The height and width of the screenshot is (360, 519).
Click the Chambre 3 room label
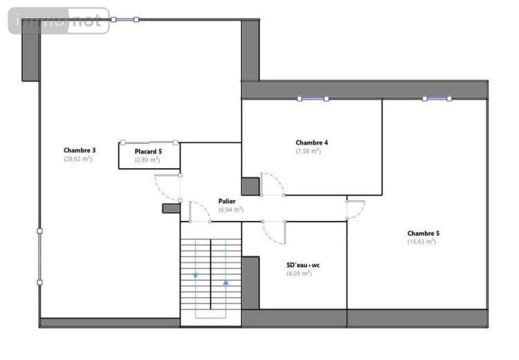click(79, 150)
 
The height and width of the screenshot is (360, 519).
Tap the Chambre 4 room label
click(311, 143)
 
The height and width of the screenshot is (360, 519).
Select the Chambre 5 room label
click(423, 233)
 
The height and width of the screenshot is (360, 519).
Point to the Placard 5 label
click(148, 151)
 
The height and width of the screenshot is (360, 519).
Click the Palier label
click(227, 201)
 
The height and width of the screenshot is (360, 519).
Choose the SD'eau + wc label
click(303, 265)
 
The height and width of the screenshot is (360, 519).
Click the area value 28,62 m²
click(78, 159)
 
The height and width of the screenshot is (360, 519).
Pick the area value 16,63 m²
click(421, 242)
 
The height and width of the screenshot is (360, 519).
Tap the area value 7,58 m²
click(309, 151)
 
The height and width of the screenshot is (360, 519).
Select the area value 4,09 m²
click(299, 273)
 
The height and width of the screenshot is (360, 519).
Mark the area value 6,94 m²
click(230, 209)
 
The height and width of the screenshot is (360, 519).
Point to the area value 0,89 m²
click(147, 159)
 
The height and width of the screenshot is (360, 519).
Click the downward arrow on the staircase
click(195, 276)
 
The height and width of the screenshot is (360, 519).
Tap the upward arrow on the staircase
click(226, 282)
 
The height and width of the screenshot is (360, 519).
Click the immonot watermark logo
click(59, 21)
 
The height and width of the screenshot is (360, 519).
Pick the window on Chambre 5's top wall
click(437, 99)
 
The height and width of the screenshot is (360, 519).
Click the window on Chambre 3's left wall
click(39, 256)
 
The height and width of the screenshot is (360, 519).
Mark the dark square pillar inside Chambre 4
click(250, 186)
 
